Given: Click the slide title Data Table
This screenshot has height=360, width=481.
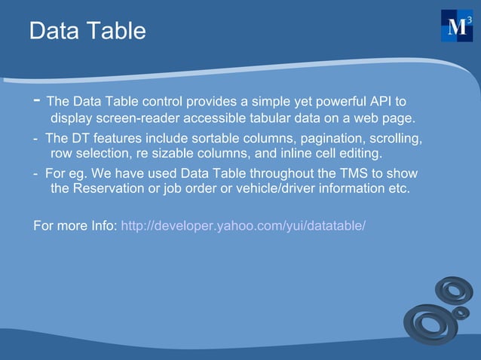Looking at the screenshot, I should (87, 32).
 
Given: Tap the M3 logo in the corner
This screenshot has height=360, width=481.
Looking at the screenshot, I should (456, 26).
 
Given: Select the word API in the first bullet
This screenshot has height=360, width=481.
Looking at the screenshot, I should (381, 102).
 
